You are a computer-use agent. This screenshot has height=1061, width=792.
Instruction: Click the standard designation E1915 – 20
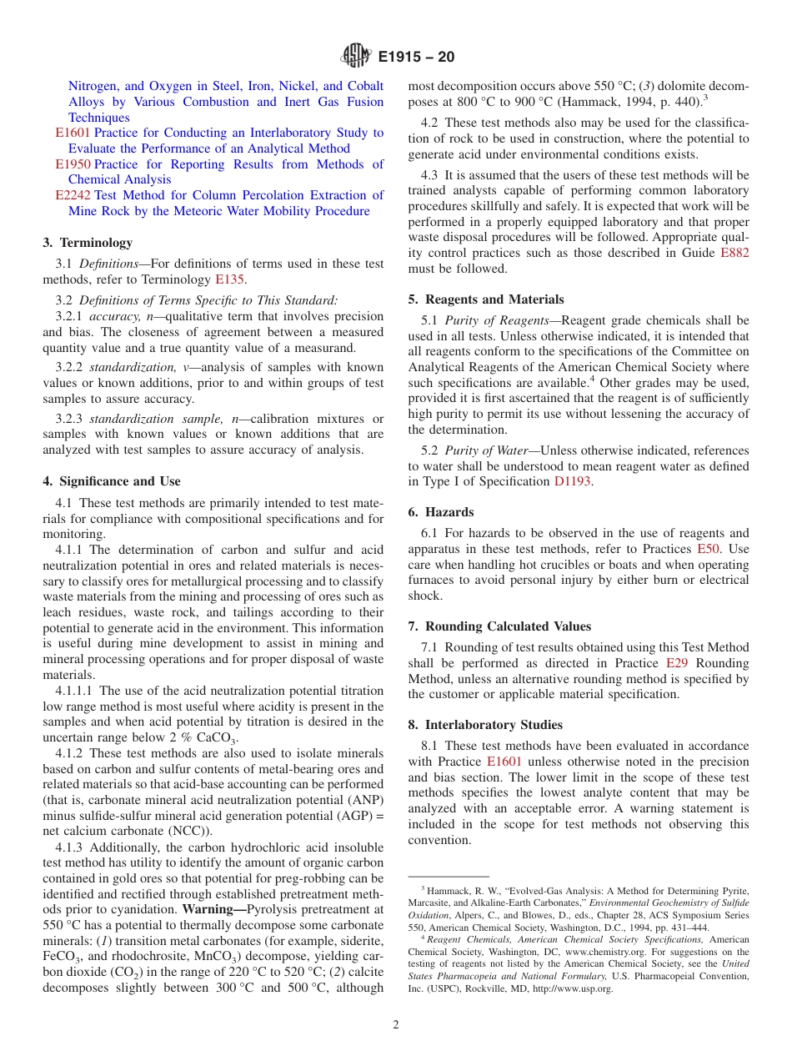click(416, 58)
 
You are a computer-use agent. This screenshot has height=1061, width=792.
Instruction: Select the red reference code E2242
click(73, 195)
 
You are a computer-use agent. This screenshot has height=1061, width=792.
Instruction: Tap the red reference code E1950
click(73, 164)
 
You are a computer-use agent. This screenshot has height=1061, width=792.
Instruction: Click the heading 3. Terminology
click(88, 243)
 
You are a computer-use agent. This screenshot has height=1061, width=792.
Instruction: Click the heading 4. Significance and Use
click(112, 481)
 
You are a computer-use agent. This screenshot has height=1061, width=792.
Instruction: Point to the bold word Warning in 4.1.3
click(213, 908)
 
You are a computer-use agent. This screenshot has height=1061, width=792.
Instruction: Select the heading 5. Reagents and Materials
click(486, 299)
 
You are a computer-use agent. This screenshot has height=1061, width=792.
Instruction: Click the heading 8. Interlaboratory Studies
click(485, 725)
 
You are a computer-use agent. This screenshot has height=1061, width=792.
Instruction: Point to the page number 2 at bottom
click(396, 1025)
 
